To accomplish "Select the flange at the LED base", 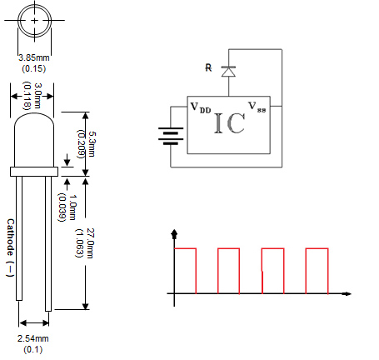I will pos(34,172).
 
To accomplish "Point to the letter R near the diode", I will pos(209,68).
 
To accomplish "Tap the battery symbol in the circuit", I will pos(172,135).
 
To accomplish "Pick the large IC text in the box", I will pos(229,124).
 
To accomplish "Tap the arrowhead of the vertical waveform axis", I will pos(174,232).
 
